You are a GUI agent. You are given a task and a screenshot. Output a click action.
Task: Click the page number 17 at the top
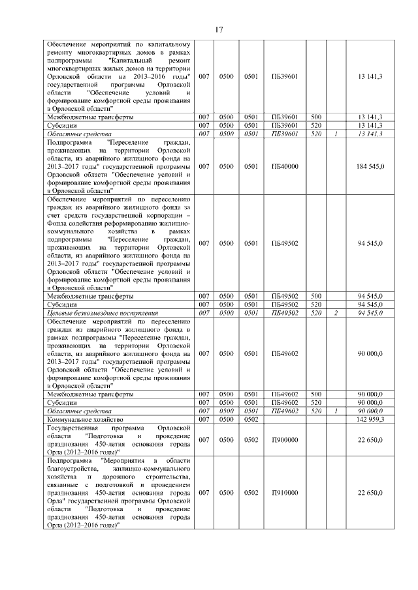pyautogui.click(x=219, y=29)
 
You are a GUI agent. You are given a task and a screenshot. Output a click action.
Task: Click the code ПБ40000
pyautogui.click(x=285, y=166)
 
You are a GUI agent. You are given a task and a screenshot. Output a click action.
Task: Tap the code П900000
pyautogui.click(x=285, y=440)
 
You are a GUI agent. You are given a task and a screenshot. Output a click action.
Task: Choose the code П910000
pyautogui.click(x=285, y=493)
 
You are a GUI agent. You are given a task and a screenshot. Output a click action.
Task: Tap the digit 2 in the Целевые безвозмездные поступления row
pyautogui.click(x=335, y=313)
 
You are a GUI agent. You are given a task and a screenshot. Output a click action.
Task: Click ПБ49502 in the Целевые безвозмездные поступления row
pyautogui.click(x=285, y=313)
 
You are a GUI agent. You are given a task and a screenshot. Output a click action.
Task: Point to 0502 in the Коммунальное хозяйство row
pyautogui.click(x=251, y=420)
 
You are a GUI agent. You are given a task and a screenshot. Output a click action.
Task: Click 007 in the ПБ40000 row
pyautogui.click(x=204, y=166)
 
